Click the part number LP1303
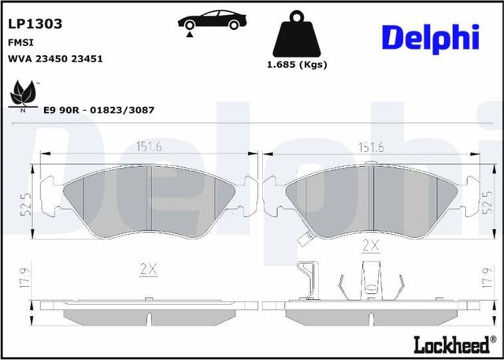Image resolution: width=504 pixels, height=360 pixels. click(x=35, y=24)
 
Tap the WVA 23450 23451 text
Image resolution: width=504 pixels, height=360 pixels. click(x=55, y=59)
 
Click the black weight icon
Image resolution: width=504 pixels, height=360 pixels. click(x=296, y=33)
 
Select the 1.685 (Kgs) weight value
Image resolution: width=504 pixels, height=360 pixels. click(x=296, y=65)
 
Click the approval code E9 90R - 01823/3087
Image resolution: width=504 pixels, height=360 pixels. click(x=98, y=109)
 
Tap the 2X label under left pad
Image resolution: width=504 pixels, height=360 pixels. click(x=148, y=269)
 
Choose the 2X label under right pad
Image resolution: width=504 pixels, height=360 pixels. click(x=370, y=246)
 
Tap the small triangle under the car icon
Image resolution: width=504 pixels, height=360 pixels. click(x=189, y=32)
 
